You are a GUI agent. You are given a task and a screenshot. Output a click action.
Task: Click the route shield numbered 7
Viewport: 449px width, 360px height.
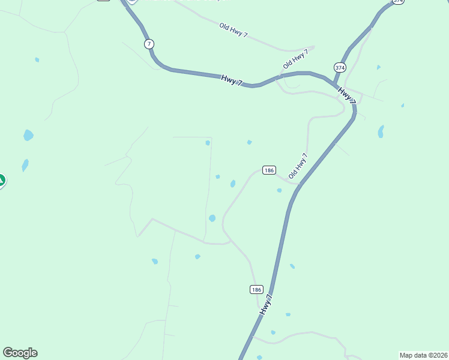pos(149,44)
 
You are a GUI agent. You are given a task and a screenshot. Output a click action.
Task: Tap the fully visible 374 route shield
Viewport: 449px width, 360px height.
pos(340,68)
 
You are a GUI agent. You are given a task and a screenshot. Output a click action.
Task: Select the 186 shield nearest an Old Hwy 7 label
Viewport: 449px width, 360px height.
pos(268,170)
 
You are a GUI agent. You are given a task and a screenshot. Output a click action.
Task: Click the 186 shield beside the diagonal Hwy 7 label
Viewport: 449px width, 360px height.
pos(256,289)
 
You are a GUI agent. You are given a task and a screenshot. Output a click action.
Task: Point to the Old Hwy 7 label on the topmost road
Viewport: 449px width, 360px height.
pos(233,31)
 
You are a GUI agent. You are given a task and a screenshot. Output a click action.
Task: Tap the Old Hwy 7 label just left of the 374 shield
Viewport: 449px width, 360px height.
pos(295,59)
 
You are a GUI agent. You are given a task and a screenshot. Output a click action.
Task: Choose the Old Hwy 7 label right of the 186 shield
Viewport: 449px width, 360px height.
pos(298,166)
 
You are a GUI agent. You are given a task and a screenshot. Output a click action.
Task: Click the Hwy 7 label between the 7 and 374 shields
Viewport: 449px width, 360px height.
pos(231,80)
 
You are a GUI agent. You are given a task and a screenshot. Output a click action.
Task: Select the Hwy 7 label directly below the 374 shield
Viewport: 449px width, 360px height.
pos(346,95)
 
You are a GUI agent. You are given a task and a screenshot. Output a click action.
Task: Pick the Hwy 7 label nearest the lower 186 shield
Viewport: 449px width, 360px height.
pos(267,305)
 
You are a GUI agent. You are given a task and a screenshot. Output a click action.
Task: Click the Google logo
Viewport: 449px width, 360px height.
pos(20,353)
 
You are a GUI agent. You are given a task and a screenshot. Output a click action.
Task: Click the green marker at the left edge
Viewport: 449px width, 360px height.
pos(1,180)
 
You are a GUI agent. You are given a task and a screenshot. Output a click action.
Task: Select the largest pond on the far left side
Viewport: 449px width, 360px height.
pos(28,135)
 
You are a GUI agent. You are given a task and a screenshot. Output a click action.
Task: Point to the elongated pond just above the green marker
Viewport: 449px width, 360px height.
pos(25,164)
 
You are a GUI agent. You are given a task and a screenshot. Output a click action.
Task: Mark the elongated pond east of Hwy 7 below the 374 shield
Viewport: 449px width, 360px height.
pos(381,131)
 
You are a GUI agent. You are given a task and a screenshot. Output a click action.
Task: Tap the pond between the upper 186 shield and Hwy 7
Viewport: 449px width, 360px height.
pos(279,190)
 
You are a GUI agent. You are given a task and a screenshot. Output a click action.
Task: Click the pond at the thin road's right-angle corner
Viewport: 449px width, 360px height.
pos(208,143)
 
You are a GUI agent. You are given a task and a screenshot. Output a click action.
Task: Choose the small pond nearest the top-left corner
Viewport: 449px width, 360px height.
pos(37,60)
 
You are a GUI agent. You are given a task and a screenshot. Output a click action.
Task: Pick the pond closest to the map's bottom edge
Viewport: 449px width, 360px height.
pos(259,358)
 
